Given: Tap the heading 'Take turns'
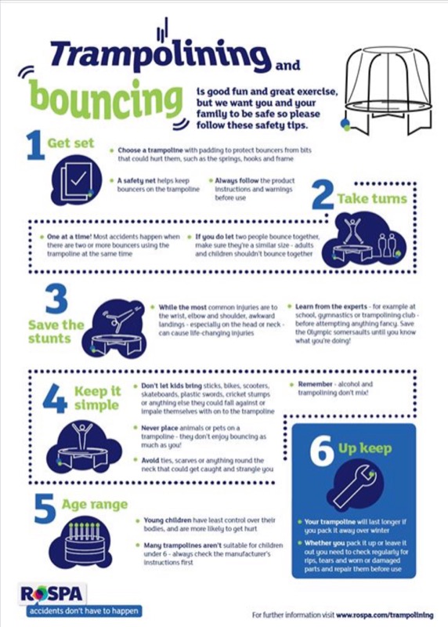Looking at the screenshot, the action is point(372,199).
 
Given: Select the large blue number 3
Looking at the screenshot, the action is point(56,299).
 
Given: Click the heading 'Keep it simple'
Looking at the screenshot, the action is point(97,398).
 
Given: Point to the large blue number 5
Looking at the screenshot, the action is point(45,509).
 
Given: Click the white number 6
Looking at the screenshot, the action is point(322,451).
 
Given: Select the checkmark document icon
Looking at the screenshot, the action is point(77,180).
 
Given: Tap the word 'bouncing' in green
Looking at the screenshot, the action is point(106,99).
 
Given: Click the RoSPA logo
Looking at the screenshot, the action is point(52,593).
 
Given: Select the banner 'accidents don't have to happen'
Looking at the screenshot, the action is point(84,611).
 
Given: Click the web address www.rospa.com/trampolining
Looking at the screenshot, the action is point(385,615).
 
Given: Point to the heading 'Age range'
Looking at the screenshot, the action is point(95,504).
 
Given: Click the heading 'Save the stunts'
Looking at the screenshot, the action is point(56,332).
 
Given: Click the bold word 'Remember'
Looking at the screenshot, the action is point(316,384).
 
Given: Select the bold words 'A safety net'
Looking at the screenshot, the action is point(136,181).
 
